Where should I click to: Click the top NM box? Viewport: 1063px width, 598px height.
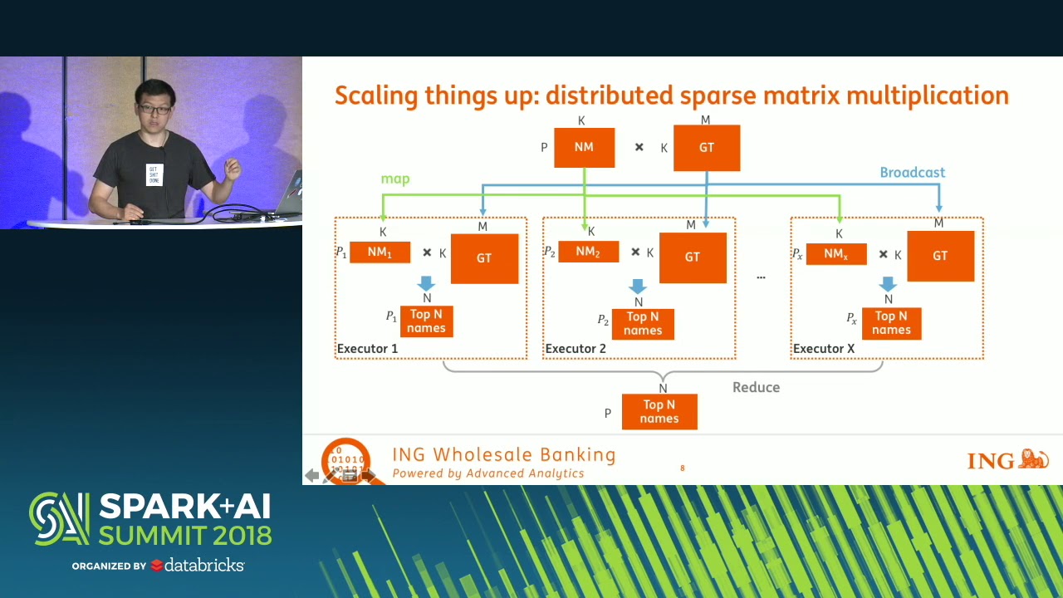click(x=584, y=148)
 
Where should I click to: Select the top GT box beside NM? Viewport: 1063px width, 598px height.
click(x=706, y=148)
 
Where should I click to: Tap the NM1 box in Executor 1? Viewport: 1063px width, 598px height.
click(x=380, y=252)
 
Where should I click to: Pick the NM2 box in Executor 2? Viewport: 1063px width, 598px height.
click(x=588, y=252)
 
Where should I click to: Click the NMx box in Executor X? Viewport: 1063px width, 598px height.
click(x=835, y=253)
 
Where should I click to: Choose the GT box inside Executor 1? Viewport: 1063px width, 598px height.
click(x=484, y=258)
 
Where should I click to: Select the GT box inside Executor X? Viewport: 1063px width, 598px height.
click(x=940, y=257)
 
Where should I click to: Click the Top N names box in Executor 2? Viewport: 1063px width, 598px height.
click(x=643, y=324)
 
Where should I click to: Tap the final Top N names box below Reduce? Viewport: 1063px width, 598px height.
click(x=659, y=412)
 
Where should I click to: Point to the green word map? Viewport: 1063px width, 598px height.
click(x=395, y=179)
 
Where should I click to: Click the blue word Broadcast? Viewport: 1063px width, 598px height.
click(x=912, y=173)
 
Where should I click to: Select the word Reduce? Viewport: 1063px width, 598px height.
click(x=756, y=388)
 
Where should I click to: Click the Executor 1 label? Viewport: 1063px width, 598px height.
click(x=367, y=349)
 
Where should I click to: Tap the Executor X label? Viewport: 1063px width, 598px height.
click(x=824, y=349)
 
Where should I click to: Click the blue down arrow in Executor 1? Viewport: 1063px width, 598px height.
click(x=427, y=283)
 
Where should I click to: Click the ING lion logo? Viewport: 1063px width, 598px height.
click(x=1033, y=459)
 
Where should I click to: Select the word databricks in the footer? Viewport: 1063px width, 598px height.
click(x=204, y=566)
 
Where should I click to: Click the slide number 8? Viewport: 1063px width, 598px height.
click(x=683, y=468)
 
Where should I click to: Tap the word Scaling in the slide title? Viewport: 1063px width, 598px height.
click(x=375, y=96)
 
